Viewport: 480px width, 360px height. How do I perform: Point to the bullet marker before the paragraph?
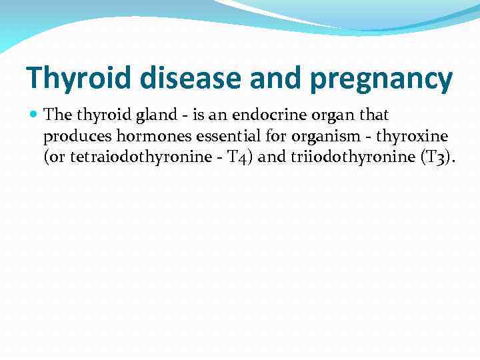(x=35, y=115)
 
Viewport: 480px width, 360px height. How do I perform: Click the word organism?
(x=315, y=138)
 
